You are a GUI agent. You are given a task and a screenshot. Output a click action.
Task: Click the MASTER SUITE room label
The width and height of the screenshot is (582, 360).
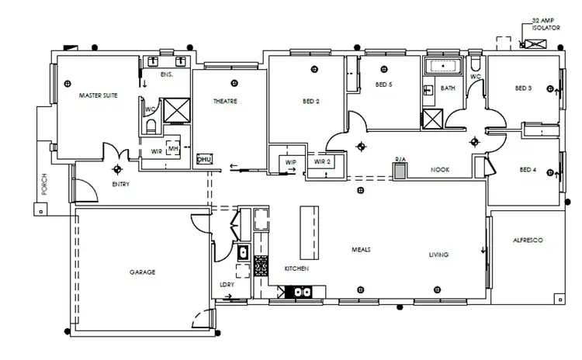pyautogui.click(x=98, y=97)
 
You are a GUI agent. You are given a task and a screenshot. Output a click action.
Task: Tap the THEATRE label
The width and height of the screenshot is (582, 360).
pyautogui.click(x=225, y=102)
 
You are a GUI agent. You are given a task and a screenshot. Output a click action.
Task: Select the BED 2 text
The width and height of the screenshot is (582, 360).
pyautogui.click(x=311, y=101)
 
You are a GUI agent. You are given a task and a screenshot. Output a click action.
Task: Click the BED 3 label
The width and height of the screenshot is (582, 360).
pyautogui.click(x=523, y=88)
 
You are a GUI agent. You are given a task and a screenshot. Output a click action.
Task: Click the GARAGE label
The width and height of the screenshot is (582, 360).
pyautogui.click(x=143, y=272)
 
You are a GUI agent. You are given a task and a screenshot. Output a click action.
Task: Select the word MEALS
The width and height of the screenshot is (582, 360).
pyautogui.click(x=361, y=250)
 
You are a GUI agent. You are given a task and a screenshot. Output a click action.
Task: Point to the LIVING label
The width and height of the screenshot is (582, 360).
pyautogui.click(x=439, y=254)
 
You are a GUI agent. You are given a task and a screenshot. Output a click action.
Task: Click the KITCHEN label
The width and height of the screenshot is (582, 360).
pyautogui.click(x=296, y=268)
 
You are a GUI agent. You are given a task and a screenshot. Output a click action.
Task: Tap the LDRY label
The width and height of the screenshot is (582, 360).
pyautogui.click(x=227, y=284)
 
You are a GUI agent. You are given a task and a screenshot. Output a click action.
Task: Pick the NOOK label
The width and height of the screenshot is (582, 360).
pyautogui.click(x=441, y=168)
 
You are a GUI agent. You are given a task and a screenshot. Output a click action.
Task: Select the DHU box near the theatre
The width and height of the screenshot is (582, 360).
pyautogui.click(x=205, y=160)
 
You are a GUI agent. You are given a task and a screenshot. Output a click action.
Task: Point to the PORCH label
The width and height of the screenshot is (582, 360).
pyautogui.click(x=43, y=184)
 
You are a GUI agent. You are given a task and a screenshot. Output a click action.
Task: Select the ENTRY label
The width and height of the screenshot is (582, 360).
pyautogui.click(x=120, y=185)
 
